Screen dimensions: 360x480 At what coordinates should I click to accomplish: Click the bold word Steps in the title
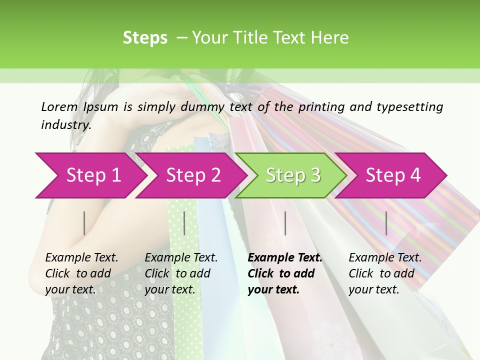point(145,38)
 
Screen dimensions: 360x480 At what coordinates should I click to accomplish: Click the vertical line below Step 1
point(84,223)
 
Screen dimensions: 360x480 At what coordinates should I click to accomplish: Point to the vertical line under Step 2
point(184,223)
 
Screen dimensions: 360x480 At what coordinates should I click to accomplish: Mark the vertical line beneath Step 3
point(285,223)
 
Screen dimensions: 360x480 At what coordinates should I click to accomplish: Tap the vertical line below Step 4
point(386,223)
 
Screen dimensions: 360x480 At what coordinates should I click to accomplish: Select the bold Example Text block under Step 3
point(285,273)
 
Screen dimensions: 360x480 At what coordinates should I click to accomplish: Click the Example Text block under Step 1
point(81,273)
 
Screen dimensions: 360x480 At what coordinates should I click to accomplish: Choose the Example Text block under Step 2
point(181,273)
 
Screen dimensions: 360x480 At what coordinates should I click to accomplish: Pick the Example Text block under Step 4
point(385,273)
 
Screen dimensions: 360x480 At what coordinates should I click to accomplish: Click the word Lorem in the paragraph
point(59,106)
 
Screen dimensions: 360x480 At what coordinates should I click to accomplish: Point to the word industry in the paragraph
point(66,125)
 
